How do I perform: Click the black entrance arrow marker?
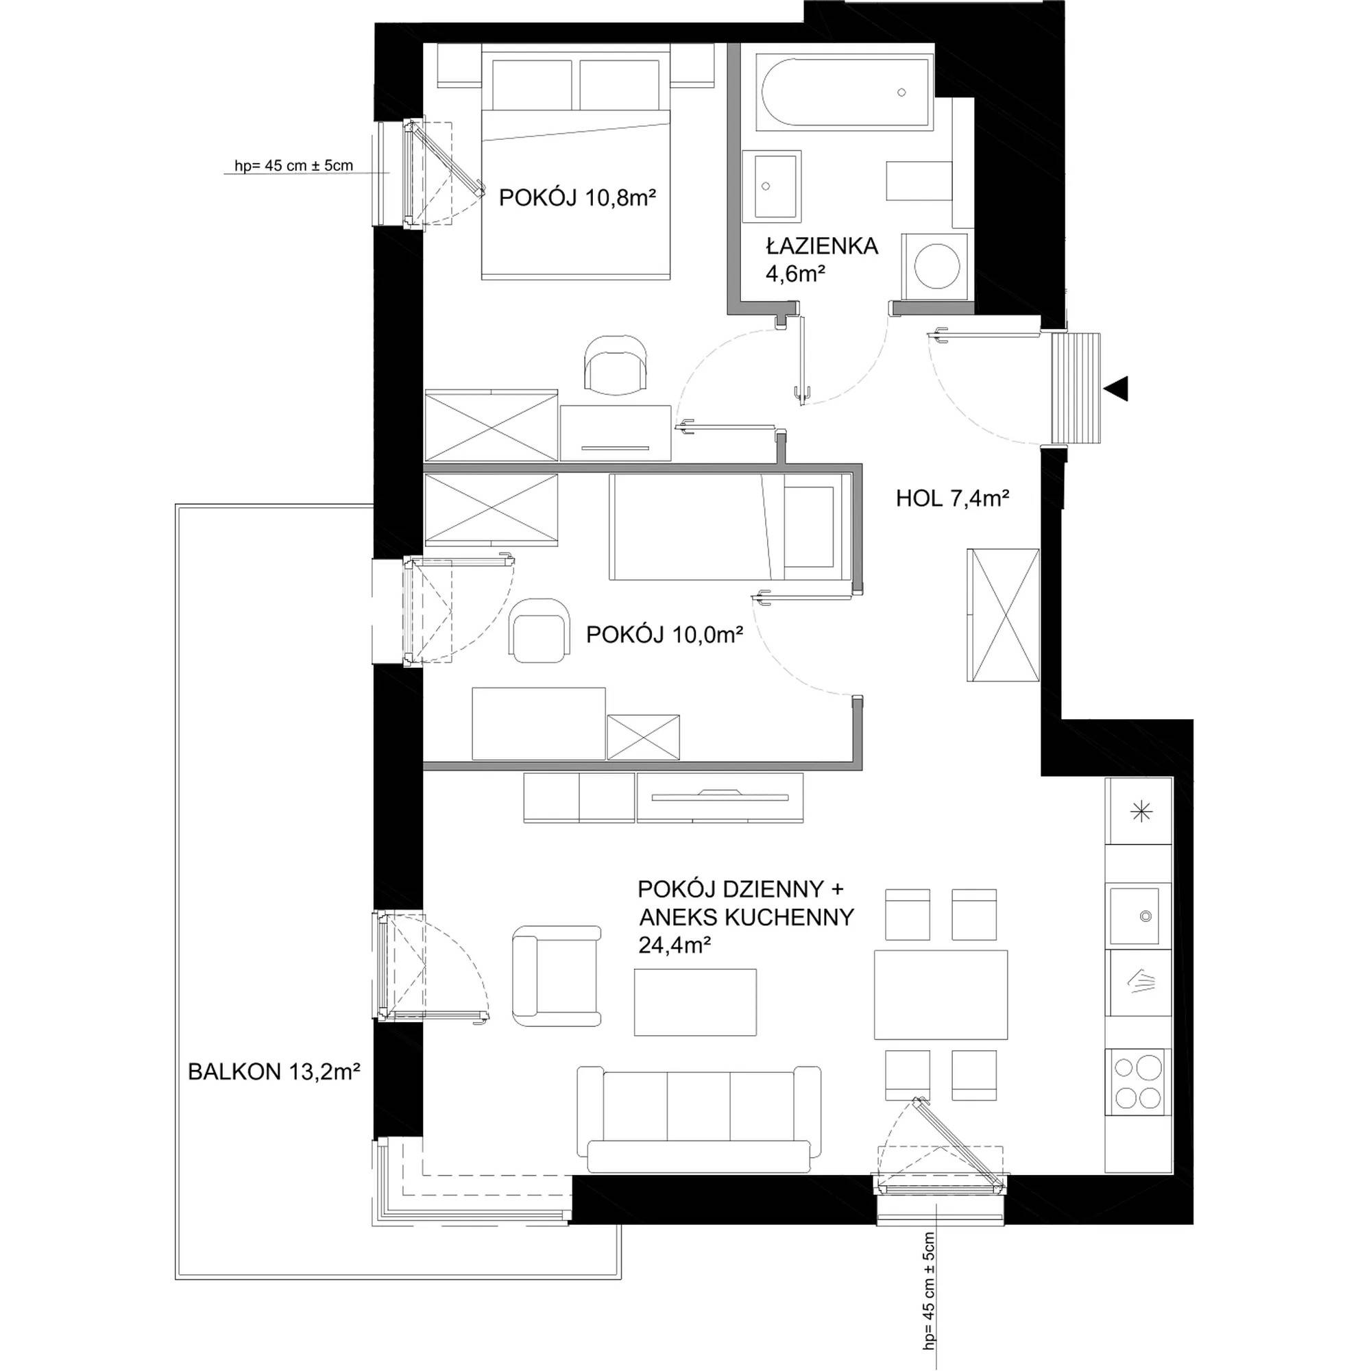click(x=1116, y=389)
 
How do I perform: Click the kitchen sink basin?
click(x=1140, y=915)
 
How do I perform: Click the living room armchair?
click(x=557, y=975)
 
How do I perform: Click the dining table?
click(x=941, y=995)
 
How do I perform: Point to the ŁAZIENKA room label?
click(x=822, y=246)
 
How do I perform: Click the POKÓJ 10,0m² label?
click(x=664, y=634)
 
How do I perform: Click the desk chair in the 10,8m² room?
click(x=616, y=362)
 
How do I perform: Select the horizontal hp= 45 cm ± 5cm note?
click(x=294, y=166)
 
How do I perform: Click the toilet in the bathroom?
click(x=919, y=182)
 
